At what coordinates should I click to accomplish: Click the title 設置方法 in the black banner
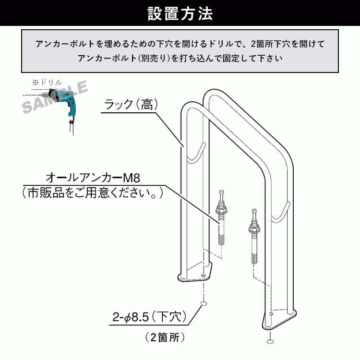180,13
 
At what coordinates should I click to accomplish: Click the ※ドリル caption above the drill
47,83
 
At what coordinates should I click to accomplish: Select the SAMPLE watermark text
55,97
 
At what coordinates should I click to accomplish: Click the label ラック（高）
131,105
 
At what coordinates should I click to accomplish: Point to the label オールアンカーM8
93,178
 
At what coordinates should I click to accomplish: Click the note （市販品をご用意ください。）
93,192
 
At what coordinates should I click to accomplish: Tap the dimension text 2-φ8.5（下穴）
149,317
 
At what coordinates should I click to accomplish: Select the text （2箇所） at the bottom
165,337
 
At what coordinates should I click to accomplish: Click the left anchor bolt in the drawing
221,217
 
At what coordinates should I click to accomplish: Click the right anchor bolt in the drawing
254,237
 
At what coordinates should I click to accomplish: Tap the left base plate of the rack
195,273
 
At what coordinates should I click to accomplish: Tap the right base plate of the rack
279,320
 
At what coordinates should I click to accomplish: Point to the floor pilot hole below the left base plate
204,304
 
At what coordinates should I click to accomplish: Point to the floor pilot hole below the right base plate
270,341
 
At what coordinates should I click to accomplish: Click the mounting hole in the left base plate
203,275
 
